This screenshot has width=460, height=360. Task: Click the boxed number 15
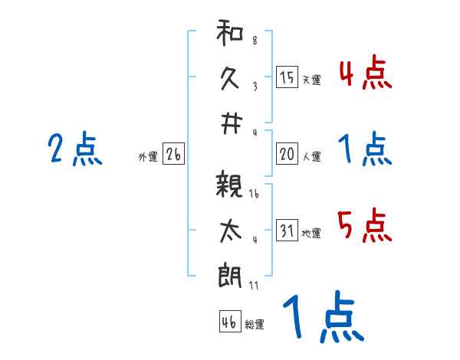pos(287,77)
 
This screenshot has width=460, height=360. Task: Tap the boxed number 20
pos(287,154)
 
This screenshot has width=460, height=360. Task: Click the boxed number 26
pos(173,155)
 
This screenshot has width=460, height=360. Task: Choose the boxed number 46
pos(229,322)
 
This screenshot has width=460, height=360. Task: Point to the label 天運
pos(311,80)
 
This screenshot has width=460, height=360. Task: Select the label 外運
pos(148,157)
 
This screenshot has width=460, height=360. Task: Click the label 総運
pos(255,325)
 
